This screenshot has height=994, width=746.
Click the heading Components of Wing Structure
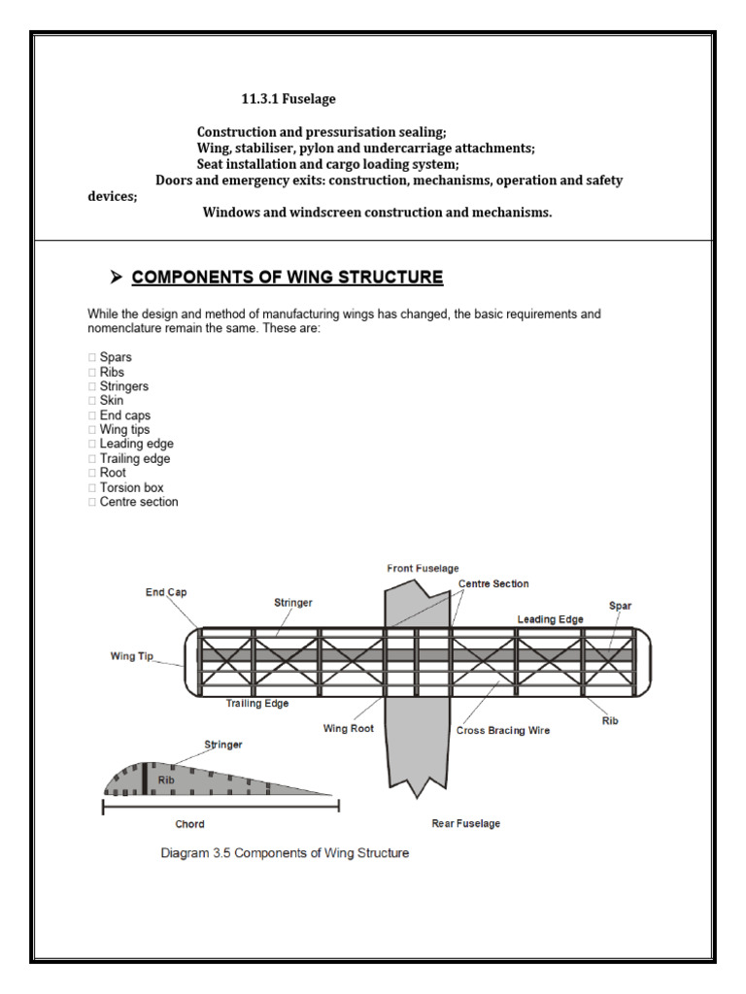288,278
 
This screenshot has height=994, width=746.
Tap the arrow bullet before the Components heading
117,278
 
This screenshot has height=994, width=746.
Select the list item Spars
116,357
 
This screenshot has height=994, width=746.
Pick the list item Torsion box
131,487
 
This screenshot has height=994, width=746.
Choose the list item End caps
124,415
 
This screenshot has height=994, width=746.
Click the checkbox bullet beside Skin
91,401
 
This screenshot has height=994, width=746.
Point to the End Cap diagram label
168,592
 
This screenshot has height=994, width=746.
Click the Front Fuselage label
423,568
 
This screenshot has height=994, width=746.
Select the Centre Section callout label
493,583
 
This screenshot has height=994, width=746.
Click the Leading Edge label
550,618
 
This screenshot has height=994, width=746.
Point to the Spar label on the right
620,606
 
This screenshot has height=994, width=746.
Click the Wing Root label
349,727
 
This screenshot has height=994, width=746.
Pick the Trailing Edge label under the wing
257,704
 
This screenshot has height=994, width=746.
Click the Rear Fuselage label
465,823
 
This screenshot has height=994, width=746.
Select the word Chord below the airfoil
189,824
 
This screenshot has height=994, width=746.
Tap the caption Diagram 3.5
285,853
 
